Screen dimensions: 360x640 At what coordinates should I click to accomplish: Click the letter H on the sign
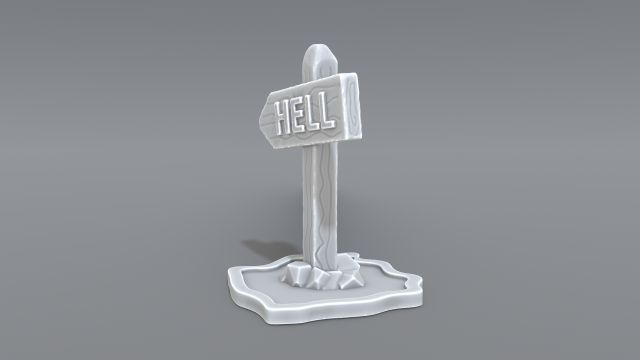coord(284,119)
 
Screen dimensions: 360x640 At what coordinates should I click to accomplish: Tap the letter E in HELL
coord(301,116)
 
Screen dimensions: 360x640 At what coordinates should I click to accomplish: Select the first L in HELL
coord(315,113)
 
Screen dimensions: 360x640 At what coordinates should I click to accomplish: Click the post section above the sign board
coord(320,65)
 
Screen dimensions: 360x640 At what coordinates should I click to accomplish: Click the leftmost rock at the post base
coord(296,275)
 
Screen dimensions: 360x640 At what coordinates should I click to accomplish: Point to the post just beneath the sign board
coord(321,155)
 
